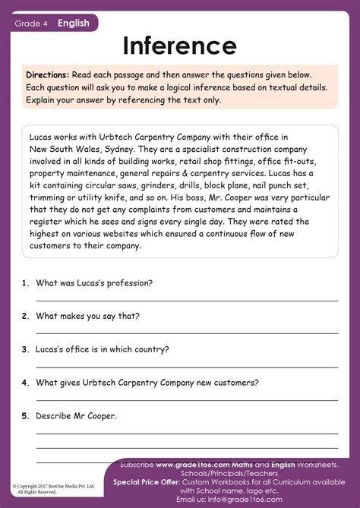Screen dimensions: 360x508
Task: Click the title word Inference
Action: coord(179,46)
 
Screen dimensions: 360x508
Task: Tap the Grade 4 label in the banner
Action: coord(31,24)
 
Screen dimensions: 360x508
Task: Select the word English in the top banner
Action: coord(74,24)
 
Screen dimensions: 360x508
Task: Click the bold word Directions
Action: coord(47,74)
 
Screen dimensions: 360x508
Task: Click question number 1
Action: coord(25,283)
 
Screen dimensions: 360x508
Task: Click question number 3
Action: coord(25,350)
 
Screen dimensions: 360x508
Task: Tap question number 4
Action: coord(25,383)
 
